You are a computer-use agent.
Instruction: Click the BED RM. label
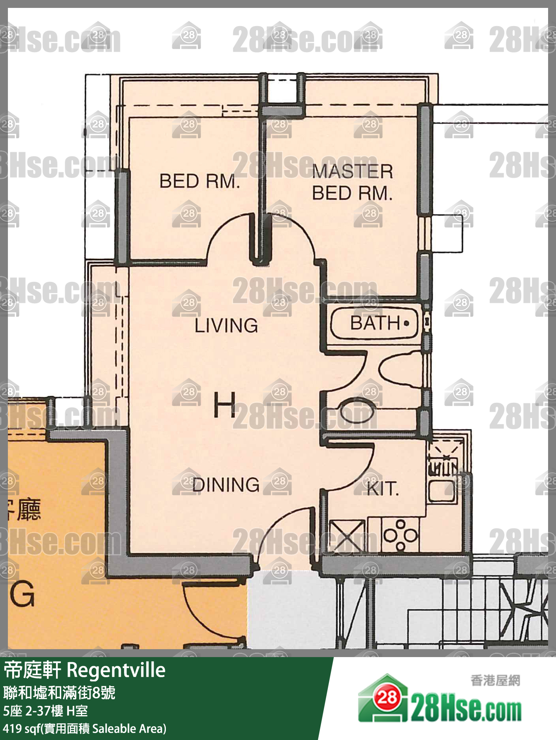199,181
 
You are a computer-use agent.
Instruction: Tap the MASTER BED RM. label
352,182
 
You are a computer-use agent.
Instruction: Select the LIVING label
226,326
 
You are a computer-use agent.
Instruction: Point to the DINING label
226,485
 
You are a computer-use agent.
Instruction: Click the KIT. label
383,489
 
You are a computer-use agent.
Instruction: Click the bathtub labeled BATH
374,323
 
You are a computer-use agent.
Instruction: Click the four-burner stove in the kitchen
400,535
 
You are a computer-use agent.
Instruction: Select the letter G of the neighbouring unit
23,594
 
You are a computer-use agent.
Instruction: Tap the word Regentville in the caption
116,670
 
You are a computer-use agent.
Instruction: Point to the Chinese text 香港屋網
496,680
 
